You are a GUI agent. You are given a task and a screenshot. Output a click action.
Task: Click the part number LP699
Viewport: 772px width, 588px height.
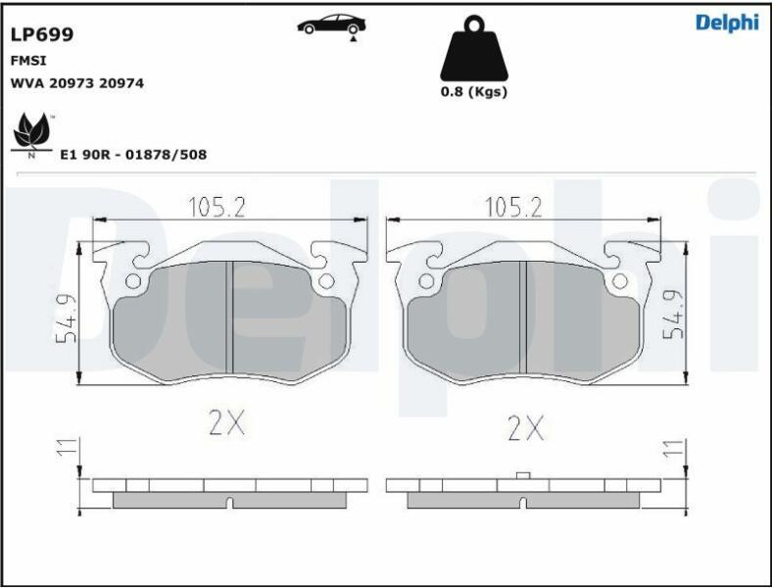(42, 34)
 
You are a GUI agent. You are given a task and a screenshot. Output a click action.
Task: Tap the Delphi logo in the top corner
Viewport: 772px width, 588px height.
(727, 23)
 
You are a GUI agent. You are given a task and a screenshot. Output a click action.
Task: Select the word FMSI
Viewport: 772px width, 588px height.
(28, 61)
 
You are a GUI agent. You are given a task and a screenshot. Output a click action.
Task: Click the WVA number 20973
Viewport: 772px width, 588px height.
(72, 83)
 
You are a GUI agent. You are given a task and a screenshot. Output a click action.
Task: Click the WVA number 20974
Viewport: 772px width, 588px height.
(121, 83)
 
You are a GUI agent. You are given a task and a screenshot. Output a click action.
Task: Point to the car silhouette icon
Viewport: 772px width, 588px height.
(331, 25)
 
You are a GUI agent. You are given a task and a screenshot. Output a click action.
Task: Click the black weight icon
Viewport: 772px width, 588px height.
(473, 48)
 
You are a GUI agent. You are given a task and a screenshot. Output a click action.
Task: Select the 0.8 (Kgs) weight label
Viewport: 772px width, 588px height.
(473, 91)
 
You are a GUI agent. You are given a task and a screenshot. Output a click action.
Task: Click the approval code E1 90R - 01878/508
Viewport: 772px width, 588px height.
(133, 155)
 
